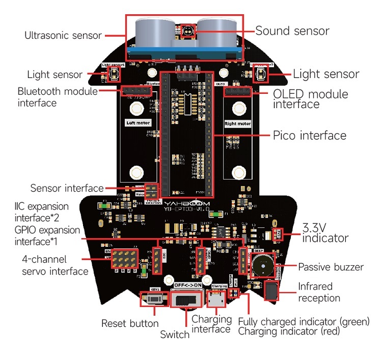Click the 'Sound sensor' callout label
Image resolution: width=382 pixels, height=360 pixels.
292,31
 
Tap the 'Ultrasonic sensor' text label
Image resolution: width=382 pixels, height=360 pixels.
63,36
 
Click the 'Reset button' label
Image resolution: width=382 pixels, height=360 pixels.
130,323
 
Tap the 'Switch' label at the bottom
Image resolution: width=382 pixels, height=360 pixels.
175,335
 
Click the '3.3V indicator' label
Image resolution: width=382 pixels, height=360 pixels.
325,233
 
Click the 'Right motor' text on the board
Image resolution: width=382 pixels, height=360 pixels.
238,123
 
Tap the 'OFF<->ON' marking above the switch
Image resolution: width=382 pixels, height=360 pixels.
188,285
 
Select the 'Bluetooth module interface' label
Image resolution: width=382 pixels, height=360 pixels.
57,97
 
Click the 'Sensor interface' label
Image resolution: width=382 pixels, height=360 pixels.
67,188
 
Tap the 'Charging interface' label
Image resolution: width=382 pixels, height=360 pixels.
211,324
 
